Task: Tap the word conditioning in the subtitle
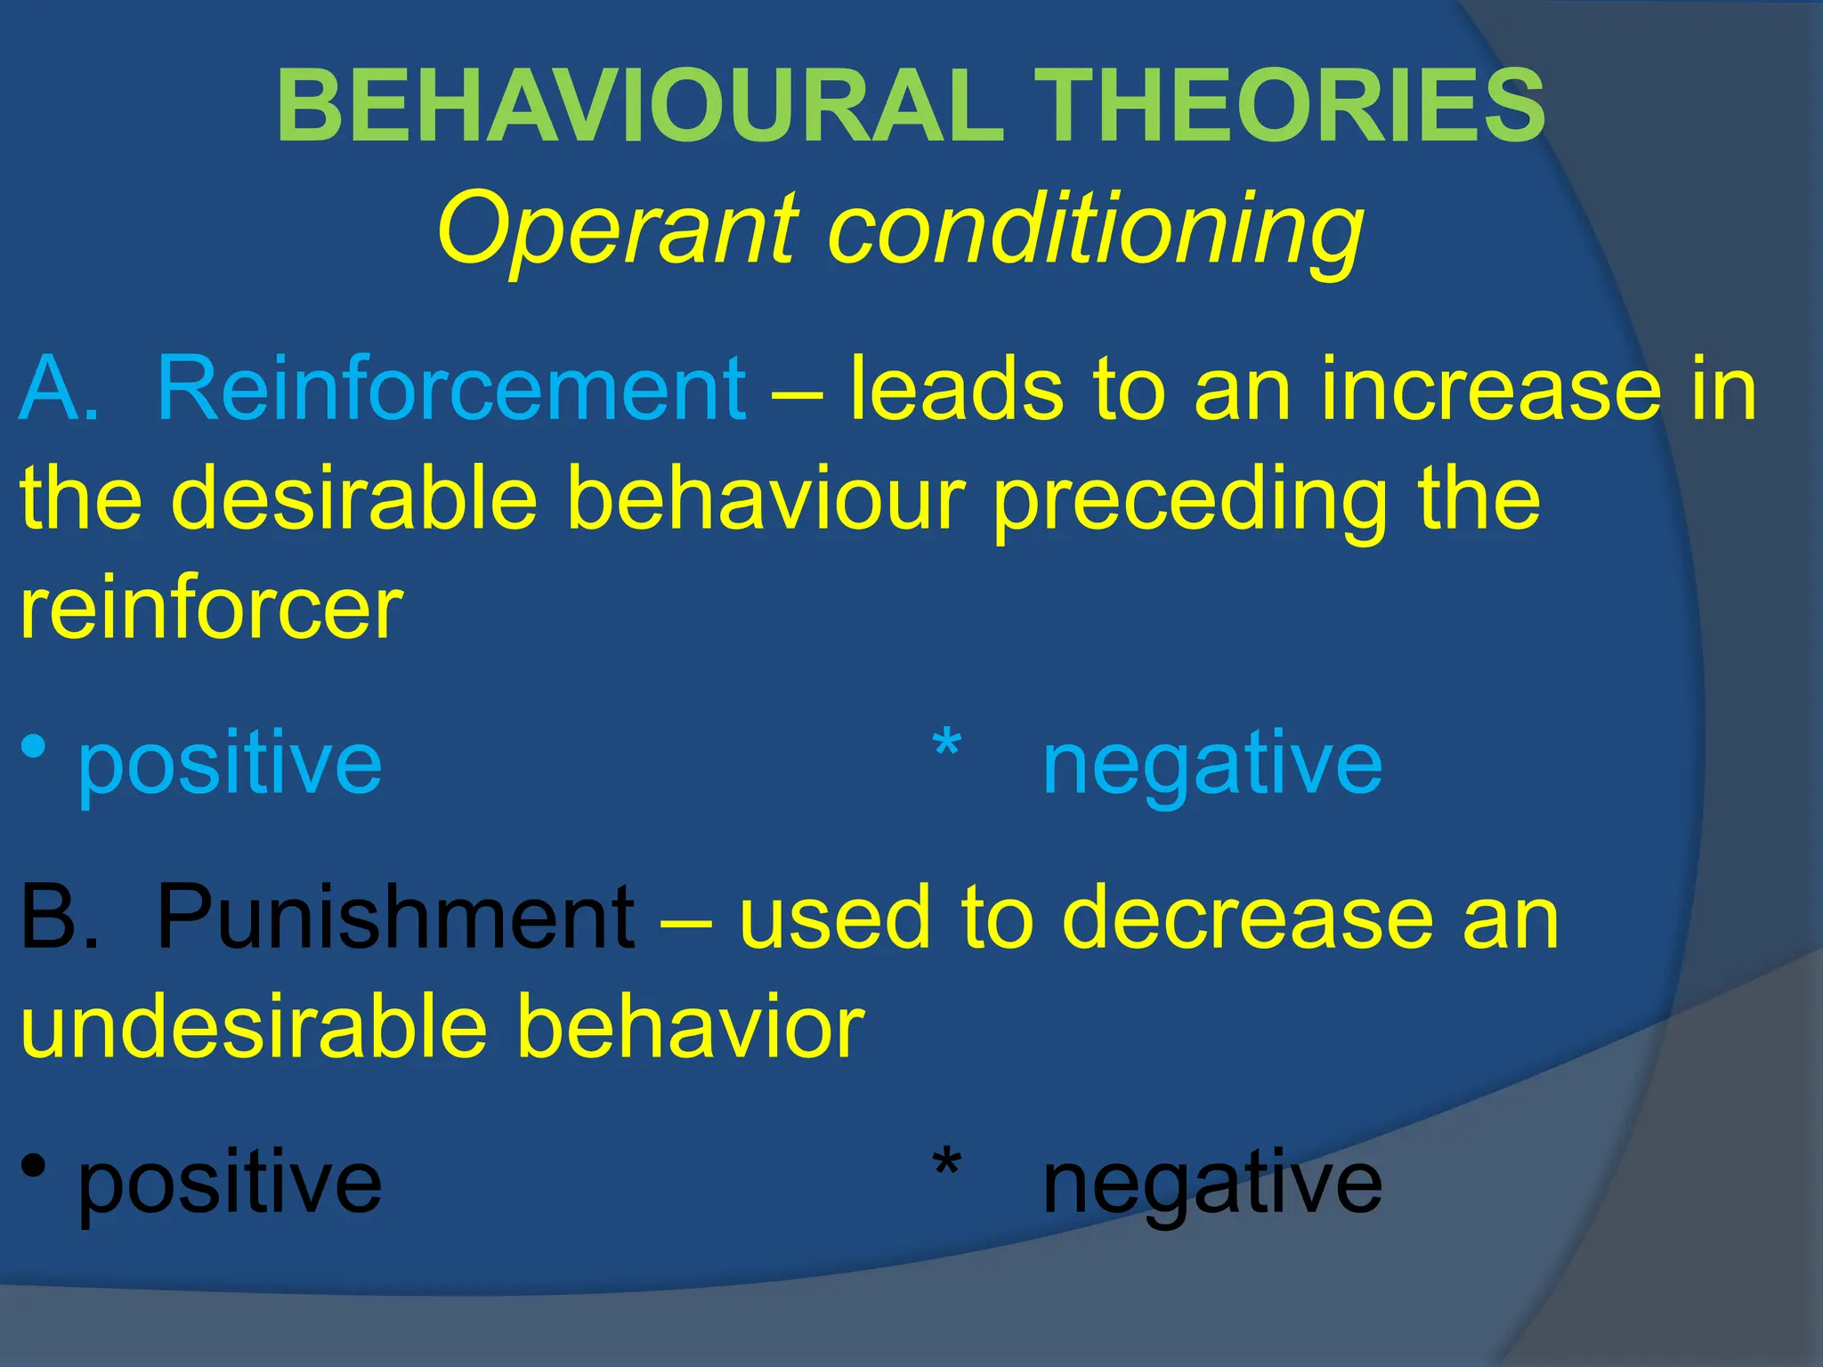pyautogui.click(x=1095, y=230)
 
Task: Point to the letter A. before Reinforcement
pyautogui.click(x=59, y=389)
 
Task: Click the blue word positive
pyautogui.click(x=230, y=764)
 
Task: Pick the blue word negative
pyautogui.click(x=1211, y=764)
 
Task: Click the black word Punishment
pyautogui.click(x=395, y=917)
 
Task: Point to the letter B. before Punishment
pyautogui.click(x=59, y=917)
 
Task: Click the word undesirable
pyautogui.click(x=254, y=1027)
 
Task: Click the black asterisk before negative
pyautogui.click(x=946, y=1164)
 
